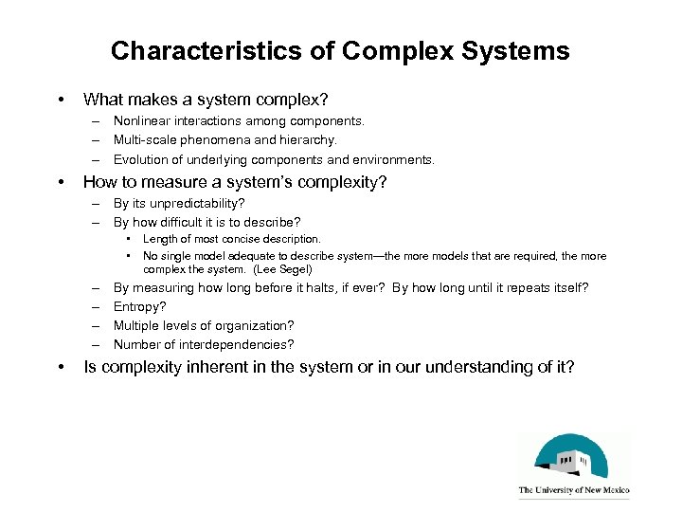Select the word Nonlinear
pyautogui.click(x=143, y=121)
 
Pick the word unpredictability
pyautogui.click(x=193, y=203)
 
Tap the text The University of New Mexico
pyautogui.click(x=573, y=491)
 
